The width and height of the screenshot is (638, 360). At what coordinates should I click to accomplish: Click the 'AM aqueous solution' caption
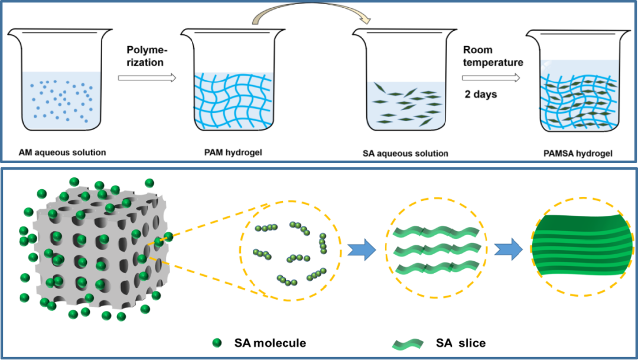(62, 153)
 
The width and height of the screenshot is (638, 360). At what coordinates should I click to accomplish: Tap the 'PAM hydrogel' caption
(233, 153)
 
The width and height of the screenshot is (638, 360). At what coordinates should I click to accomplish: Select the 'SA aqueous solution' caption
(405, 154)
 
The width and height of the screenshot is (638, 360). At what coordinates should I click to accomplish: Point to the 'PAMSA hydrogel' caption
(578, 154)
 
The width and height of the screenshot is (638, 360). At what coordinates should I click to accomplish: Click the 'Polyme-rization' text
(145, 56)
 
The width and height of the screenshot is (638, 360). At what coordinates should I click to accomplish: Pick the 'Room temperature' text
(493, 56)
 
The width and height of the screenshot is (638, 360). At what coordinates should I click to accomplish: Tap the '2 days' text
(481, 94)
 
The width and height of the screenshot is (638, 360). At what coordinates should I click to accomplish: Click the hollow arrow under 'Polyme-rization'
(147, 77)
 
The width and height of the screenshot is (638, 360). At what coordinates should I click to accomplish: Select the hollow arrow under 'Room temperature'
(491, 77)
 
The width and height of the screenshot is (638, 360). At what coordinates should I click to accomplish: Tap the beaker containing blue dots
(60, 80)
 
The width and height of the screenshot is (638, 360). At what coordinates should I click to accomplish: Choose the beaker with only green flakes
(404, 80)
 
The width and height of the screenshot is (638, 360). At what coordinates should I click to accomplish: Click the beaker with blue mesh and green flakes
(578, 80)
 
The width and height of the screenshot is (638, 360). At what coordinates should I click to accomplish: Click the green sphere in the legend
(217, 343)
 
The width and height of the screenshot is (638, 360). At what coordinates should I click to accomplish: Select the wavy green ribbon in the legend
(408, 344)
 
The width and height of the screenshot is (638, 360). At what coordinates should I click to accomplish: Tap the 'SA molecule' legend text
(270, 343)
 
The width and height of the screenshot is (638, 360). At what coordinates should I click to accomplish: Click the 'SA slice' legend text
(461, 343)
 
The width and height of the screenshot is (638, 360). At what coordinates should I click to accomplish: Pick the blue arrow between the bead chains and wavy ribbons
(362, 249)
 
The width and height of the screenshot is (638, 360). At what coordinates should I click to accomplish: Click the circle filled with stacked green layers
(582, 247)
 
